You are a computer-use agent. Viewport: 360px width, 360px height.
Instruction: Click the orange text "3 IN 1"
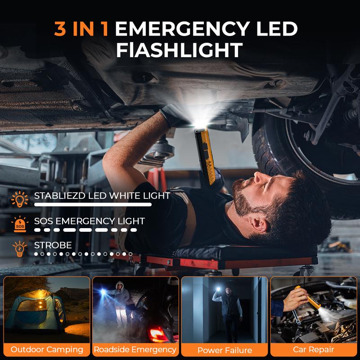[81, 29]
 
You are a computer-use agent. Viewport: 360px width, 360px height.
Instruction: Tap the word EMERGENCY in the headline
[182, 29]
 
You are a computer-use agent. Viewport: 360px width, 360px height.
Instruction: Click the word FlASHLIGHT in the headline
[179, 50]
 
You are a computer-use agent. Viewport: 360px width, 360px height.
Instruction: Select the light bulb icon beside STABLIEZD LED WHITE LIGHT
[20, 199]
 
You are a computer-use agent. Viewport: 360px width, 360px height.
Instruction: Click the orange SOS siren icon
[20, 224]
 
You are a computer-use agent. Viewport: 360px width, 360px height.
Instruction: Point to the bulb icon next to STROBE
[20, 249]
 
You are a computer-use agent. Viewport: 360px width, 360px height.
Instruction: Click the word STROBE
[53, 245]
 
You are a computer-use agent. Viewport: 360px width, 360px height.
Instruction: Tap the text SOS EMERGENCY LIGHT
[89, 221]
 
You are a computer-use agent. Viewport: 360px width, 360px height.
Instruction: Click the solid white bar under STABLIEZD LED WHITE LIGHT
[93, 204]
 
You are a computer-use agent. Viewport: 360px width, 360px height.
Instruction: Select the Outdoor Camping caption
[47, 350]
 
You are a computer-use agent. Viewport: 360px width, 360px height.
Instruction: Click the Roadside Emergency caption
[135, 350]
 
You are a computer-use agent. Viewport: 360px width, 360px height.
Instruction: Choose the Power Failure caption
[225, 350]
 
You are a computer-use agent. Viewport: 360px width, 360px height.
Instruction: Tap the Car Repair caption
[313, 350]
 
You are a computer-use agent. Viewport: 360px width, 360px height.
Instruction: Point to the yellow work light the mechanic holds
[205, 155]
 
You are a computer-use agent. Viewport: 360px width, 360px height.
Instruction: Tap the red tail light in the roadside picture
[157, 333]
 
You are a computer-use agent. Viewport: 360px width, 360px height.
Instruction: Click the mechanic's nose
[258, 177]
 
